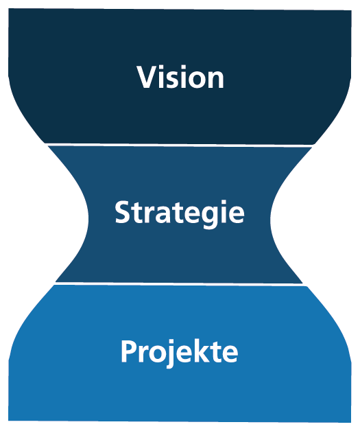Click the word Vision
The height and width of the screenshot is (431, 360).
[180, 77]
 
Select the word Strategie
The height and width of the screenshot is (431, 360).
[179, 213]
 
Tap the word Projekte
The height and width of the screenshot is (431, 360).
[179, 352]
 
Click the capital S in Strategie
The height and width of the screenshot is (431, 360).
[122, 213]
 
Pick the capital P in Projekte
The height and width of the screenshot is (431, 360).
[128, 351]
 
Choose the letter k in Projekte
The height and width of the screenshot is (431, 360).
[194, 351]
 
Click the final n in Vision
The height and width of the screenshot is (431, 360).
[215, 79]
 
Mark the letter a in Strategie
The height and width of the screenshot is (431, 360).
[162, 215]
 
